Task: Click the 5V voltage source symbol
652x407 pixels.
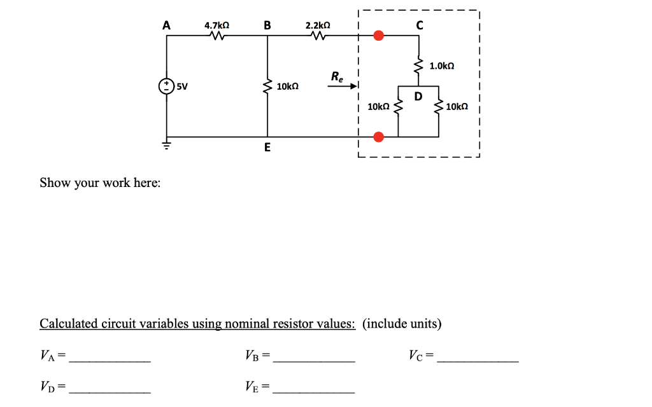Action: (167, 85)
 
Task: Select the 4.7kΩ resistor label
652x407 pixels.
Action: (216, 25)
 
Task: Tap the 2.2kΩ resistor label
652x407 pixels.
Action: (318, 25)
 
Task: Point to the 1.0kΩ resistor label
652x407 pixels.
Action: (442, 66)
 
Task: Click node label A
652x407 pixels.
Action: (167, 25)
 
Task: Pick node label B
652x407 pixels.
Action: (267, 25)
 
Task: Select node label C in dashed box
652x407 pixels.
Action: (418, 25)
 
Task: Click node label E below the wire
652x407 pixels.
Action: (267, 148)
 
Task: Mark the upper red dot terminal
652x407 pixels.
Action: (378, 36)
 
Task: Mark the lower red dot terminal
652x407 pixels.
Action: (378, 137)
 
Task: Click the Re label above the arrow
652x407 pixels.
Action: (336, 78)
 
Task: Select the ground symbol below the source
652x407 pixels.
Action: (167, 144)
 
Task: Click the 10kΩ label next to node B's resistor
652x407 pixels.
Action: (288, 86)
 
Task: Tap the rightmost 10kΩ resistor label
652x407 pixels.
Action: (457, 107)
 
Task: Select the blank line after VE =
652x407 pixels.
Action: (313, 389)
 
